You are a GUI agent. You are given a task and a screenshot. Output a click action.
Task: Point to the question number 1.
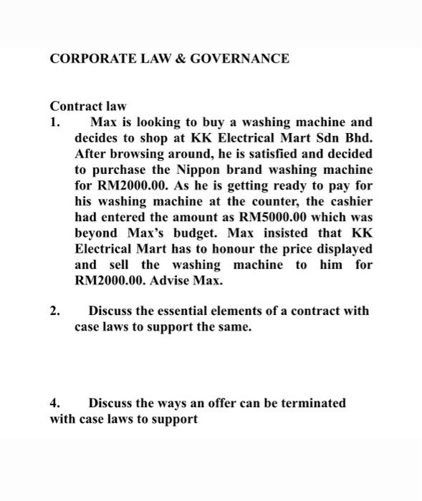tap(54, 122)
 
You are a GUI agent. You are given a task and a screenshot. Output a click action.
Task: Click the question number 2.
tap(54, 311)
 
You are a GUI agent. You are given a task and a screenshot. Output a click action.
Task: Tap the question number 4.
tap(54, 403)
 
